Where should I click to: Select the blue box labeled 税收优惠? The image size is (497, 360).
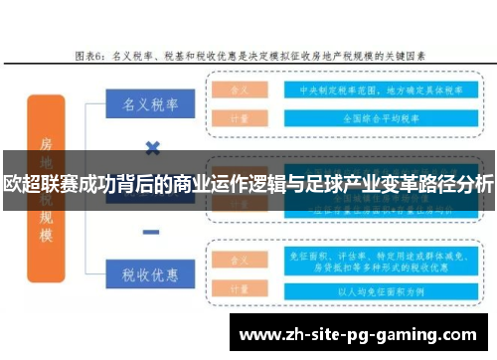(x=150, y=272)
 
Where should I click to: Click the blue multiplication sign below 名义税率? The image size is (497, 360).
(x=152, y=149)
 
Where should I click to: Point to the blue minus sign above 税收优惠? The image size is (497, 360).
(x=152, y=232)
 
